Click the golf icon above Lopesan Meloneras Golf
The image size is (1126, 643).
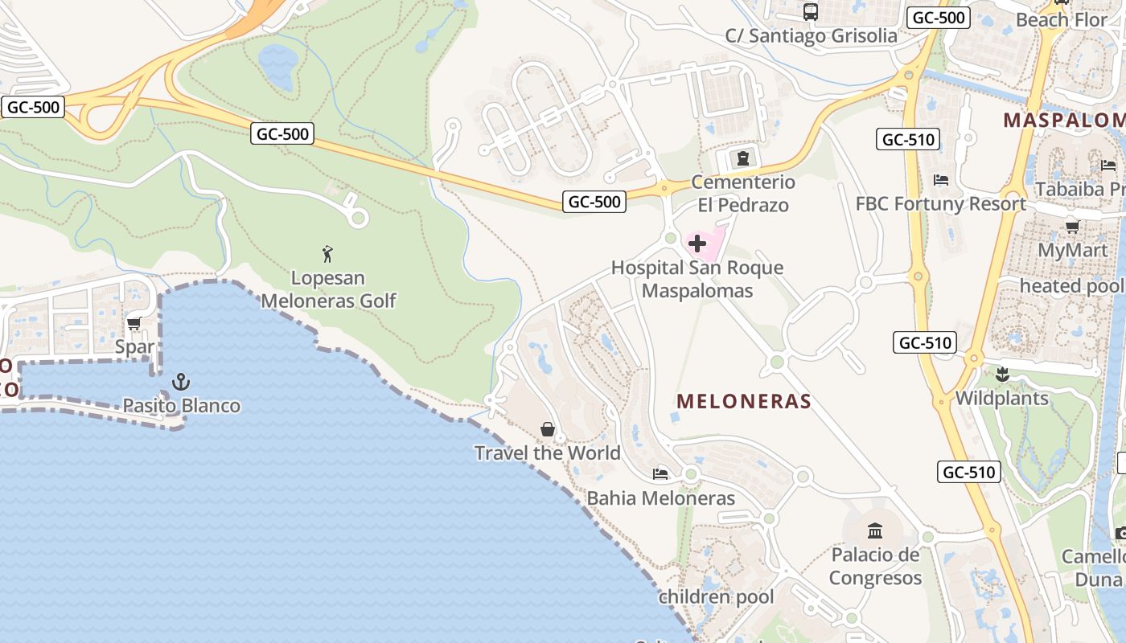click(x=327, y=255)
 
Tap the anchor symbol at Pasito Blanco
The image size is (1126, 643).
click(x=181, y=381)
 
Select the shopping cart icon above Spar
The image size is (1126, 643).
click(x=134, y=323)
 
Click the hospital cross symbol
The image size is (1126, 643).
click(x=697, y=244)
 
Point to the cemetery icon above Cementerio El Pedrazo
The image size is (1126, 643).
click(x=743, y=157)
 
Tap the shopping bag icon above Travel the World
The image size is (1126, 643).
click(x=548, y=429)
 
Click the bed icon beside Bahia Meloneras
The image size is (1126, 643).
click(x=660, y=473)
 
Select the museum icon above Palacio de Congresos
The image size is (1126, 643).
click(x=875, y=530)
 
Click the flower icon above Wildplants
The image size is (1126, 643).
click(x=1002, y=374)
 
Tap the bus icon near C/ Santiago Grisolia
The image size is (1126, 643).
click(x=811, y=12)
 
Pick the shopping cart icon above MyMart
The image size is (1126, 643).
click(x=1072, y=227)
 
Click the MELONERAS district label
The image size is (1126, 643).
click(x=744, y=401)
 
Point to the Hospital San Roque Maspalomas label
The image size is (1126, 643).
click(x=697, y=279)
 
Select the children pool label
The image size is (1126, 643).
click(x=716, y=597)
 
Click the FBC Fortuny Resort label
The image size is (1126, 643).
click(x=940, y=204)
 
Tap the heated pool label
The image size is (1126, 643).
click(x=1071, y=286)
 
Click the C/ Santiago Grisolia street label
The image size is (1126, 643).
click(x=811, y=36)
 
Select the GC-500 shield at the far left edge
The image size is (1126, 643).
click(x=33, y=107)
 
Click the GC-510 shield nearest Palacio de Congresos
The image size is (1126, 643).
click(x=969, y=472)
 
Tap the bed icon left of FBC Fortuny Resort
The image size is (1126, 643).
click(x=941, y=180)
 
